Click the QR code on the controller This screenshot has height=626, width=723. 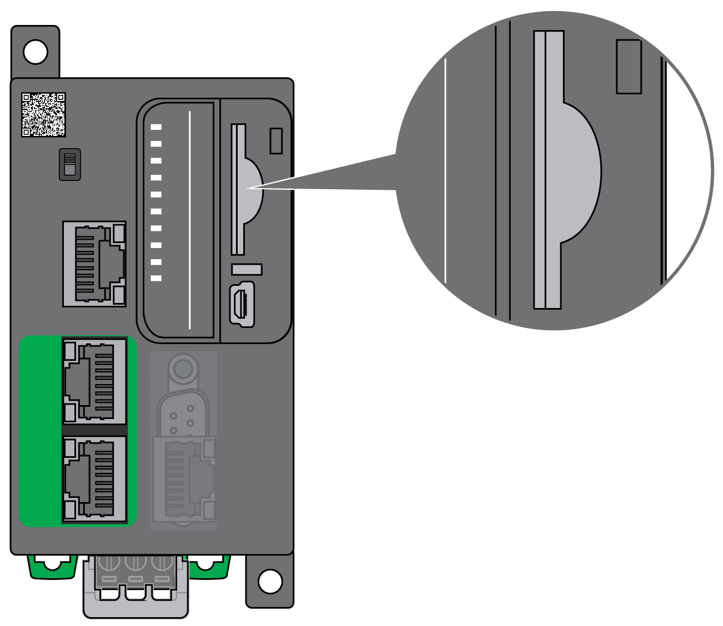(x=43, y=115)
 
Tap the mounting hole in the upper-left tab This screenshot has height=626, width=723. (x=36, y=52)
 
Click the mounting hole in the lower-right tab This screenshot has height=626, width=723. (x=270, y=581)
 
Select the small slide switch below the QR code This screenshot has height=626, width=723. (x=70, y=164)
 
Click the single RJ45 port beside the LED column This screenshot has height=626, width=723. (x=94, y=264)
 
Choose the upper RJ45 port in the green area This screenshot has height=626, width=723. (x=94, y=381)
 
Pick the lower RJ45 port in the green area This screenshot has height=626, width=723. (x=94, y=479)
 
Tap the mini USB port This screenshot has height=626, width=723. (x=242, y=304)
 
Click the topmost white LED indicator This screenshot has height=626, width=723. (x=156, y=127)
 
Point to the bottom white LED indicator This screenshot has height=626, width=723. (x=156, y=278)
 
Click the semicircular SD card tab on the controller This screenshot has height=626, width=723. (x=253, y=189)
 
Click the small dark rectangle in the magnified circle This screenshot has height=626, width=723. (x=629, y=67)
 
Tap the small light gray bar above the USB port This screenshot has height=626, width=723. (x=247, y=269)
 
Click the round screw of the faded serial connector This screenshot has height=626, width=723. (x=183, y=368)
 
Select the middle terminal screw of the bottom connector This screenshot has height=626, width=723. (x=135, y=563)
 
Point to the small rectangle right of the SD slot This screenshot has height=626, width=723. (x=276, y=140)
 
